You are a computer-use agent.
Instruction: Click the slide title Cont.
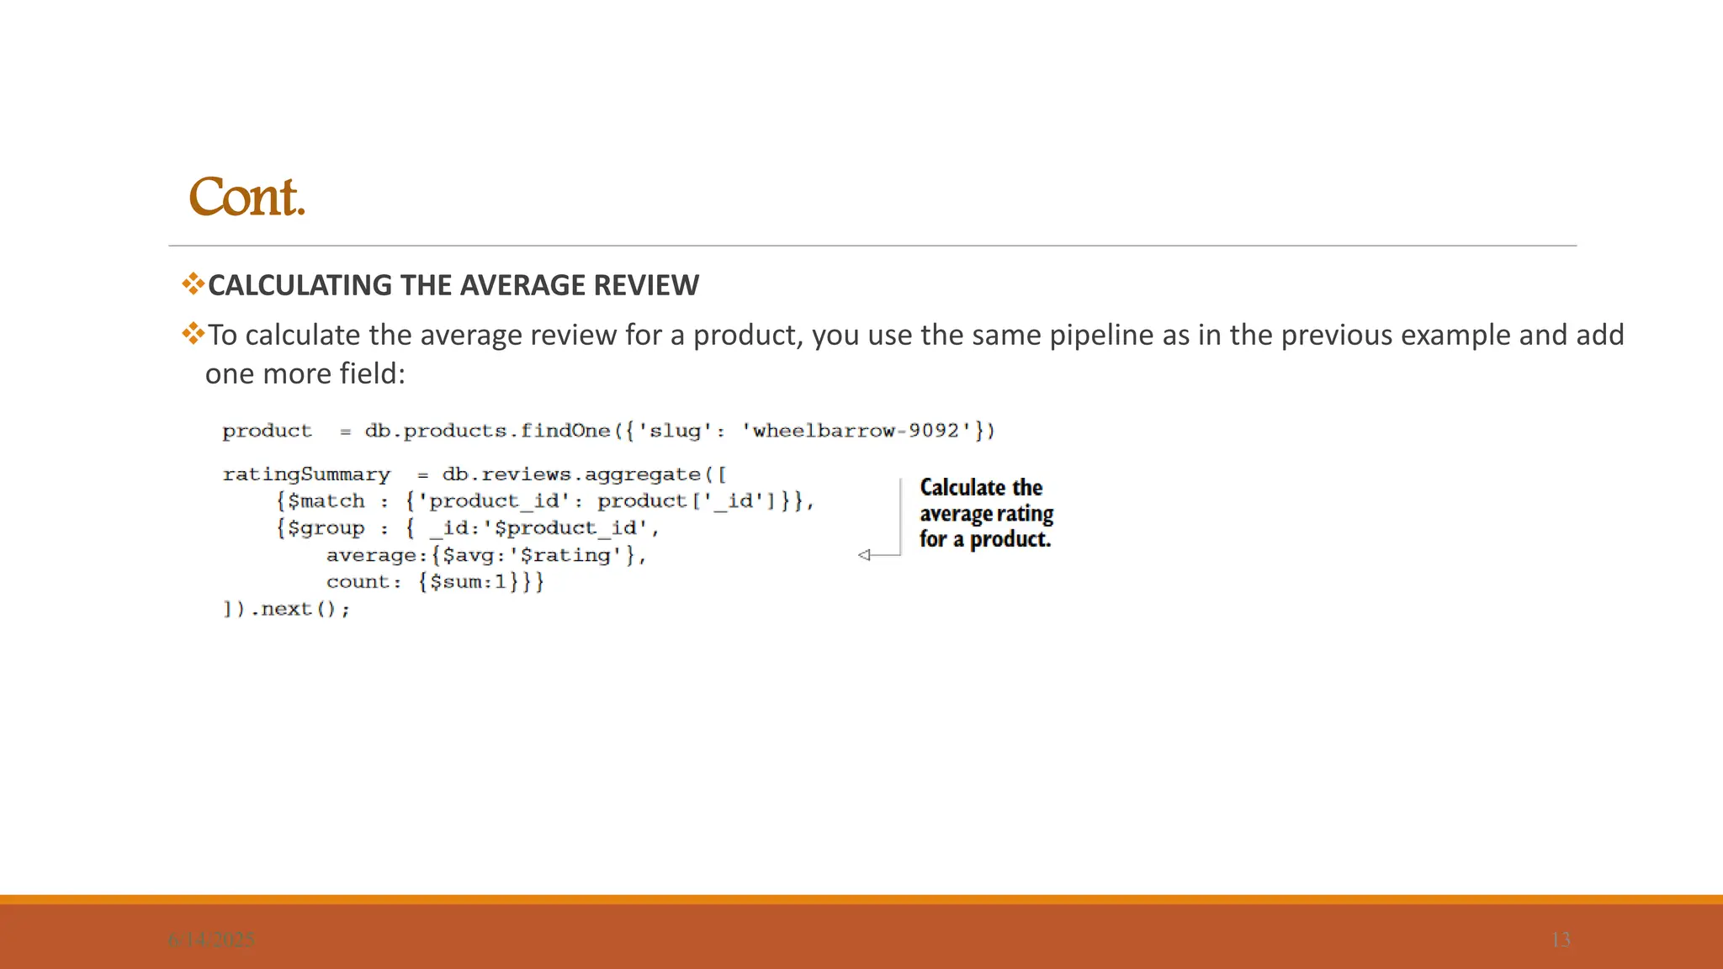pos(247,198)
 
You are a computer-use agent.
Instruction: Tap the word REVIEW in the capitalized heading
pos(646,286)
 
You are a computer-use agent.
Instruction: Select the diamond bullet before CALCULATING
pos(193,283)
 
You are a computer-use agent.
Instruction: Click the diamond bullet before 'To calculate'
pos(193,334)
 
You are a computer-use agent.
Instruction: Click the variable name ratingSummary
pos(306,474)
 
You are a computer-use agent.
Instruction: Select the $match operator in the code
pos(326,501)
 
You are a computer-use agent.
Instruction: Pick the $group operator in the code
pos(326,528)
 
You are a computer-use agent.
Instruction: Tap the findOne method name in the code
pos(565,431)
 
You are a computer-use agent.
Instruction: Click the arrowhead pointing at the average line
pos(864,555)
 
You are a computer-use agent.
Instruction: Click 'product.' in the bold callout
pos(1010,539)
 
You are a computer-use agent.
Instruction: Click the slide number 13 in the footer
pos(1561,940)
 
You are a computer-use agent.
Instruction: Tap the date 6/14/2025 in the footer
pos(211,940)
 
